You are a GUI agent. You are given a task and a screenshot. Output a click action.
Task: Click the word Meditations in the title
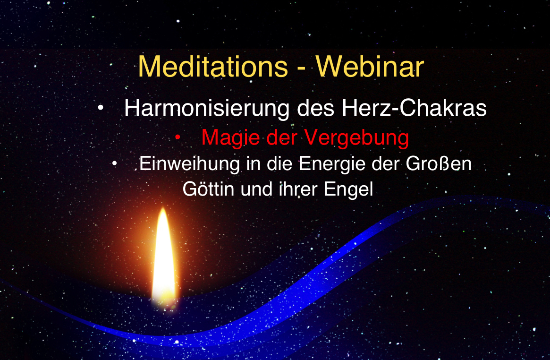tap(213, 67)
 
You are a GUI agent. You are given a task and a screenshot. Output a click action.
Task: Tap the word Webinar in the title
tap(370, 67)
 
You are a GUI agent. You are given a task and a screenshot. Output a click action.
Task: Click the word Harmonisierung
tap(207, 108)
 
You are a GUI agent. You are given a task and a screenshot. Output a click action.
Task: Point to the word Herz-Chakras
tap(414, 108)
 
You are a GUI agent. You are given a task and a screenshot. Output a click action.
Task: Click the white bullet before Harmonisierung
tap(101, 108)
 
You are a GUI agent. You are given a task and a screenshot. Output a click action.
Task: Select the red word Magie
tap(232, 138)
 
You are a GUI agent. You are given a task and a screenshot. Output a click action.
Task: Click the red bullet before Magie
tap(178, 137)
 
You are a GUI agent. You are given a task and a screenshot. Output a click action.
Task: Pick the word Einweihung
tap(189, 164)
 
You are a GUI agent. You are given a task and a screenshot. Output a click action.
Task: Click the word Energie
tap(332, 164)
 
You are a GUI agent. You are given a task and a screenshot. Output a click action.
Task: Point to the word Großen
tap(439, 163)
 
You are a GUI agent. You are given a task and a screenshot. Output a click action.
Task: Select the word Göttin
tap(208, 189)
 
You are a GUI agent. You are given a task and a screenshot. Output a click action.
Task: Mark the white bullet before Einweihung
tap(114, 163)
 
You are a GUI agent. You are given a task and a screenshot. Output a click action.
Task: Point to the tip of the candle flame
tap(163, 208)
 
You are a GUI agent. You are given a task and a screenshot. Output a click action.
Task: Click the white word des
tap(316, 108)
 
